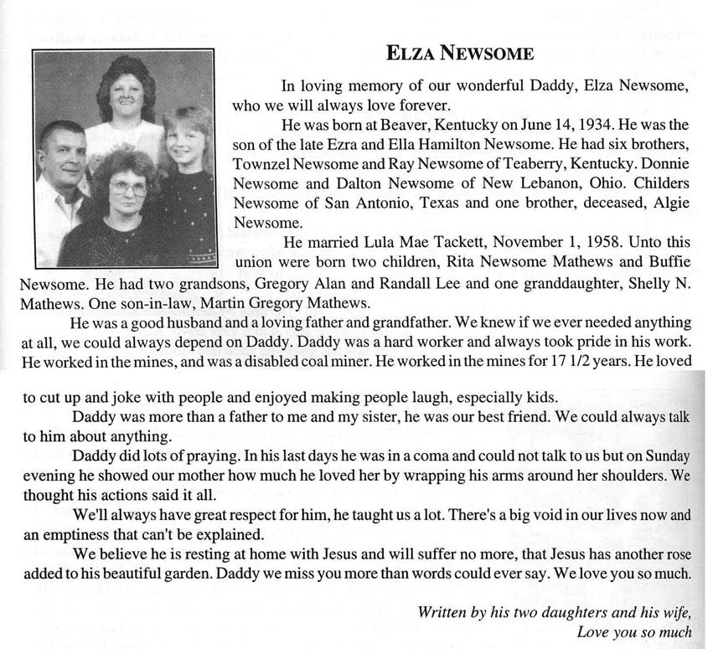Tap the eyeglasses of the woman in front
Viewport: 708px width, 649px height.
pyautogui.click(x=127, y=188)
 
